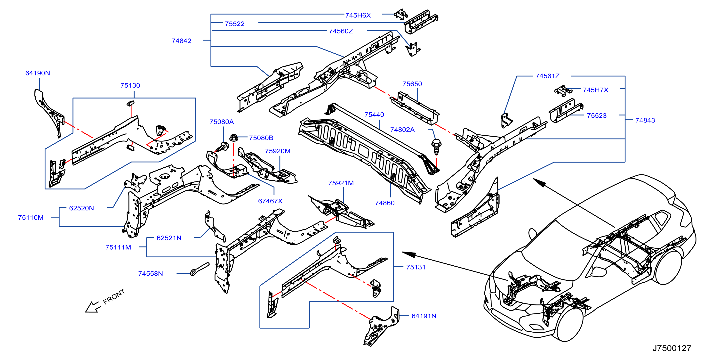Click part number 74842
pos(181,41)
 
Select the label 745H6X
pos(358,15)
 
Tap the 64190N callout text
pos(38,73)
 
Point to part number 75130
pos(130,85)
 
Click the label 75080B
pos(261,138)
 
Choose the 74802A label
pos(402,130)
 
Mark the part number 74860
pos(385,203)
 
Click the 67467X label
pos(270,201)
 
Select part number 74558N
pos(151,274)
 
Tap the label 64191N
pos(424,316)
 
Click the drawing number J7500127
pos(672,348)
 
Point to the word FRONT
pos(114,296)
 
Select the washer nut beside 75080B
pos(234,138)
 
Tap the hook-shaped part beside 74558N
pos(200,269)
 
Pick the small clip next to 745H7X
pos(563,90)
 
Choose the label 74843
pos(645,120)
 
